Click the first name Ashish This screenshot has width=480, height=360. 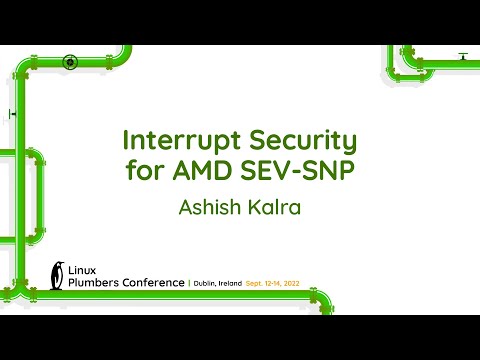(x=207, y=207)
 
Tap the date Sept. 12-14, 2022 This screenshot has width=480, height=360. (x=299, y=284)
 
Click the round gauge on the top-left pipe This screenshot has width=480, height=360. (x=70, y=62)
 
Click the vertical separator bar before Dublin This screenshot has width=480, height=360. (x=189, y=284)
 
